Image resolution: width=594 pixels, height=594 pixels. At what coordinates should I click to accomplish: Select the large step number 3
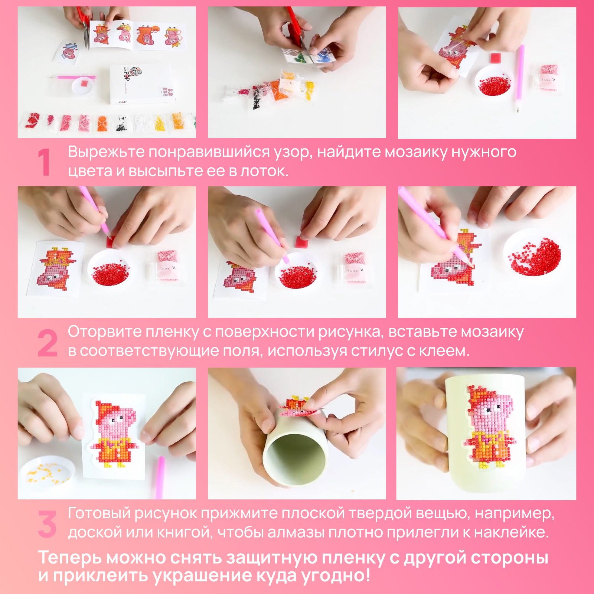point(47,524)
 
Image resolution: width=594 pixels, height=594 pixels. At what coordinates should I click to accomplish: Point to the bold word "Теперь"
point(70,558)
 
